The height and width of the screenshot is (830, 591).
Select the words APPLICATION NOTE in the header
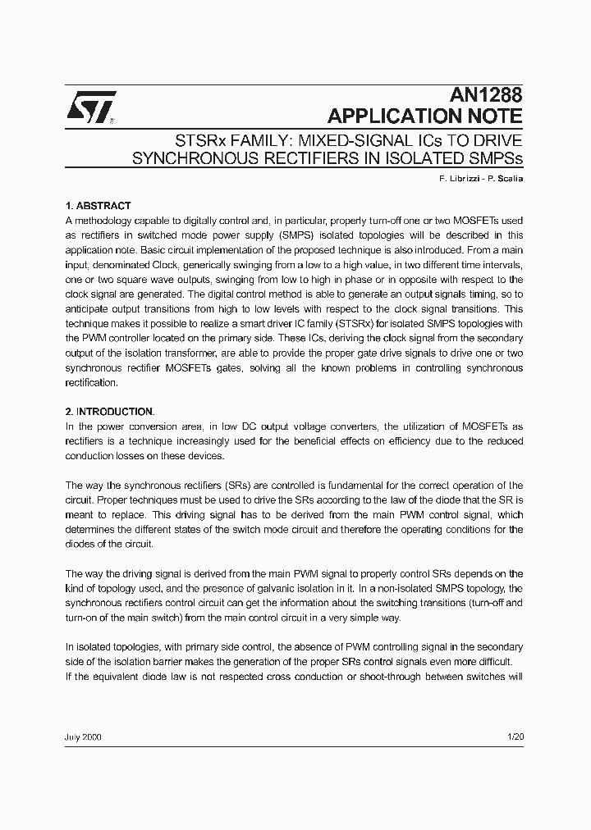424,116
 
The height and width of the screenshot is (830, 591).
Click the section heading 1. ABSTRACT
98,206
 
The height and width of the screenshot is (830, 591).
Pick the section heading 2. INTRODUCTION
109,411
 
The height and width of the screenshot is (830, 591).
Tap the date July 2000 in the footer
83,737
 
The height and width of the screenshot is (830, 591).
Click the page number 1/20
515,737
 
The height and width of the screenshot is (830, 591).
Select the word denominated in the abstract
119,265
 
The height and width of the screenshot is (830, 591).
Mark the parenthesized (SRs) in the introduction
236,486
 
